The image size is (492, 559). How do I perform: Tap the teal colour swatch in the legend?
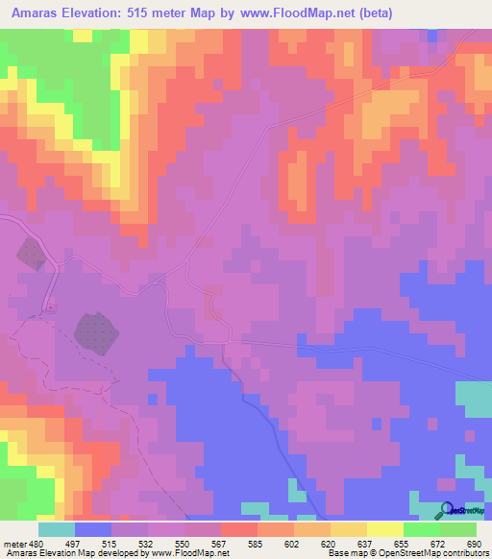(57, 529)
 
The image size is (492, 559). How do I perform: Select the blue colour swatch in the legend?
(93, 529)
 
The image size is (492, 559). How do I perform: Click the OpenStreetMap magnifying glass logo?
(447, 510)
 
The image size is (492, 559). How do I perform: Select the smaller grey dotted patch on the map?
(31, 254)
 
